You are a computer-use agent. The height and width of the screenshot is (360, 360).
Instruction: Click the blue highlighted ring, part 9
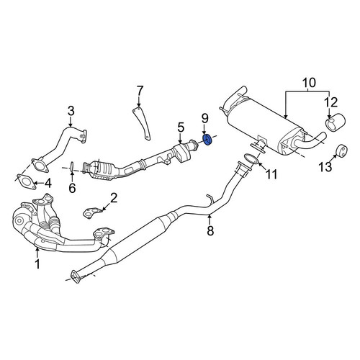207,140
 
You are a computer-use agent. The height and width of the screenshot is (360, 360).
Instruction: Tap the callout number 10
309,83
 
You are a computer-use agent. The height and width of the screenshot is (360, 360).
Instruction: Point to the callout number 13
325,166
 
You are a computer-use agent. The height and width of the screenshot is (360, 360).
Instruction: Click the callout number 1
37,264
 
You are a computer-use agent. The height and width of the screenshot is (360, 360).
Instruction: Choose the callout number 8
210,230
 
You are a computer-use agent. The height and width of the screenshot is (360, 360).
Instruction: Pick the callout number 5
181,127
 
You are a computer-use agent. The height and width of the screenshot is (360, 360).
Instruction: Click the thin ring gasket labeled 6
72,167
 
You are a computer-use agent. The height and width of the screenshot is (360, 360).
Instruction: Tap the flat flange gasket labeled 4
26,182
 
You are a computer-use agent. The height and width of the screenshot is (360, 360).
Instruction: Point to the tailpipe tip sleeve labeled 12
335,123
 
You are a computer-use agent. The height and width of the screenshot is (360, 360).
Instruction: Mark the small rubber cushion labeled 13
341,151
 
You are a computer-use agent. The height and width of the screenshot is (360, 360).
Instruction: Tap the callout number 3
71,111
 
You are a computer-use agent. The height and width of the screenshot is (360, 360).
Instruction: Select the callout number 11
271,174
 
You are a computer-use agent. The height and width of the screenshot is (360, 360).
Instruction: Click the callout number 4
48,184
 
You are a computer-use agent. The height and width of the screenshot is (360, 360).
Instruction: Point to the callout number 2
114,198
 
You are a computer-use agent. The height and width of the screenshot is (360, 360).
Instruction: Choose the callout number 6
72,188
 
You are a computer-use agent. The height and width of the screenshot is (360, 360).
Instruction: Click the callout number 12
331,102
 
